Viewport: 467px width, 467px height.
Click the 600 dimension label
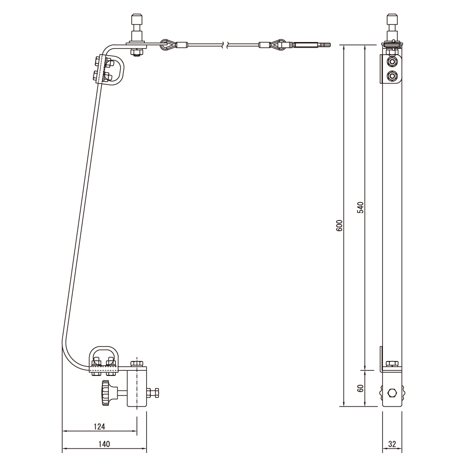tap(340, 226)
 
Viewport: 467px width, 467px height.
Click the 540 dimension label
tap(361, 208)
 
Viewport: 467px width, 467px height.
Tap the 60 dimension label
tap(361, 388)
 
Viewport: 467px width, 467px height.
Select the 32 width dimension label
tap(392, 445)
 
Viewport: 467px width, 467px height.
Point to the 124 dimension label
tap(99, 427)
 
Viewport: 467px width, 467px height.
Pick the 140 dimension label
tap(104, 445)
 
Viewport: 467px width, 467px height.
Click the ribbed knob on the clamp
tap(106, 393)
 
